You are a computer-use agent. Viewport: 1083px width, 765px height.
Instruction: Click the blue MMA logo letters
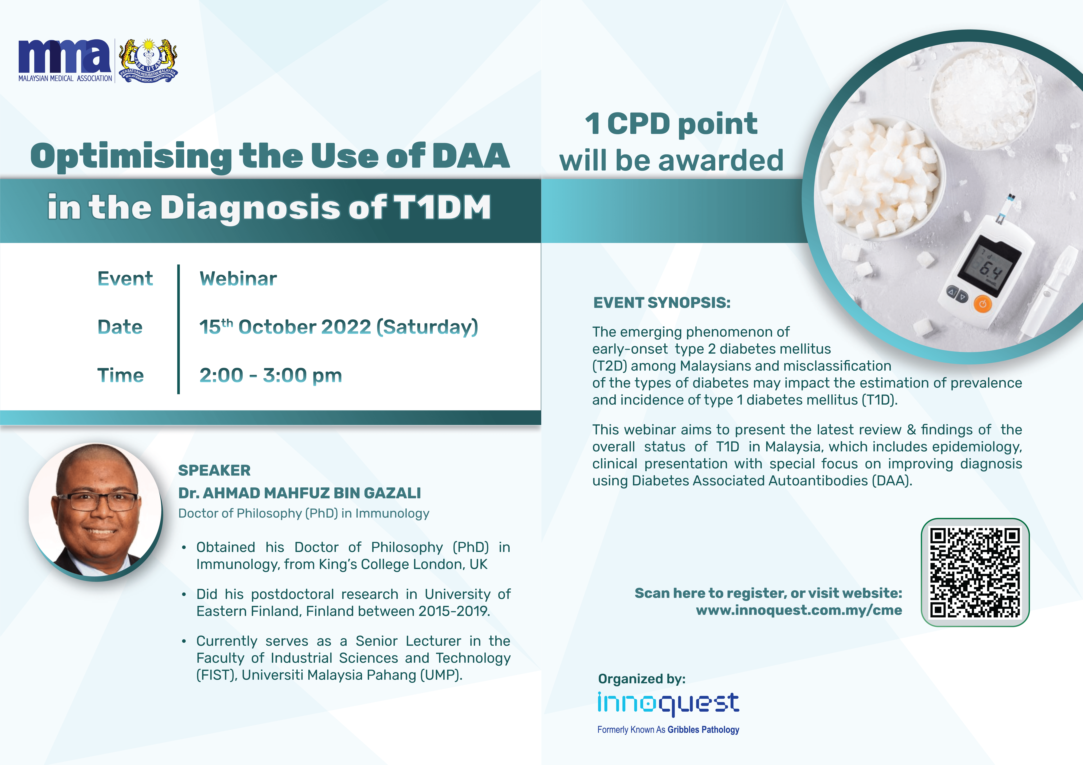click(x=65, y=56)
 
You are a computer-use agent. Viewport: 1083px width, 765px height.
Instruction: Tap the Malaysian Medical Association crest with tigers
click(x=148, y=60)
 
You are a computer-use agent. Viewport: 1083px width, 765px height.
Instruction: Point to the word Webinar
click(x=238, y=279)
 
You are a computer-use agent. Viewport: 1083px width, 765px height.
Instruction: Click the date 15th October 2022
click(x=285, y=327)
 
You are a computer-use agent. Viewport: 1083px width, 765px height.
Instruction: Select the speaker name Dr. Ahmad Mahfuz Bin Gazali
click(x=300, y=493)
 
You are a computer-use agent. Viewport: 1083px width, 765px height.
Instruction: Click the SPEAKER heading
click(x=214, y=471)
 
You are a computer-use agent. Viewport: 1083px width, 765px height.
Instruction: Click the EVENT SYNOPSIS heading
click(x=662, y=302)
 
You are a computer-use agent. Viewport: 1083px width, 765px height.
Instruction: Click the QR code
click(x=975, y=573)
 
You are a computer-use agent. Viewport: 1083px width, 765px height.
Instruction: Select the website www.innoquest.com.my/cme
click(x=799, y=610)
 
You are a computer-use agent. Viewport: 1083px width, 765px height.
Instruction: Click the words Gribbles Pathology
click(x=703, y=730)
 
